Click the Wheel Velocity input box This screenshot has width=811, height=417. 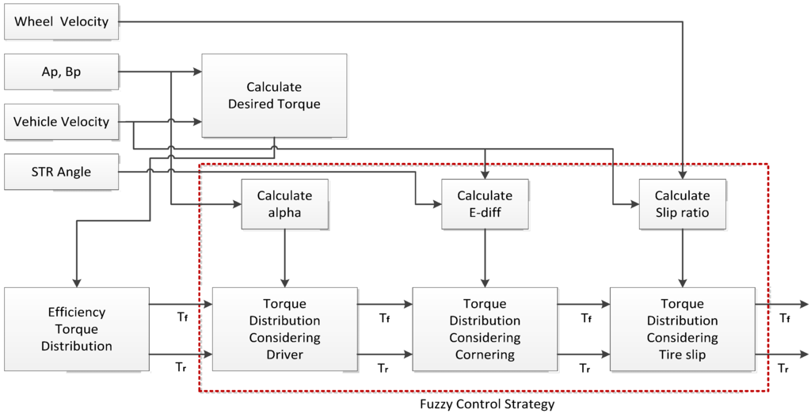[61, 21]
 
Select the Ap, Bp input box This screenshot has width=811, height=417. [61, 72]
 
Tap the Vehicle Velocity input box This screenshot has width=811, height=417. [61, 122]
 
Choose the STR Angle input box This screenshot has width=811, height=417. [61, 172]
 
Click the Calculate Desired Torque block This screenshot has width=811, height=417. [274, 95]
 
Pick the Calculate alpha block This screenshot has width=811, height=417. [284, 203]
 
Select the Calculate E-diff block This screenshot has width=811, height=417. [485, 203]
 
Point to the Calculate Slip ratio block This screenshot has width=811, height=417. [682, 203]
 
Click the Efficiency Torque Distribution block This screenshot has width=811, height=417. [76, 329]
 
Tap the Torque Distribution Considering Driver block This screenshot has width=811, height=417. [284, 329]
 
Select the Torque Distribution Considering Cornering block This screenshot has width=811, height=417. [485, 329]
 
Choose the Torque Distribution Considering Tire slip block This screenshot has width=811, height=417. [682, 329]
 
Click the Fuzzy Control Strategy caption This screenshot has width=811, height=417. [487, 404]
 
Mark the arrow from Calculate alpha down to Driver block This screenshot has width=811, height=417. [284, 258]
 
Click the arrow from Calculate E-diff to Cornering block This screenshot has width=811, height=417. [485, 258]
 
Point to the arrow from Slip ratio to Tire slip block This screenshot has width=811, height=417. [682, 258]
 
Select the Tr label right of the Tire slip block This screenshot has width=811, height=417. [784, 369]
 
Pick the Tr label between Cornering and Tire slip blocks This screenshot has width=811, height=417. [585, 369]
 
